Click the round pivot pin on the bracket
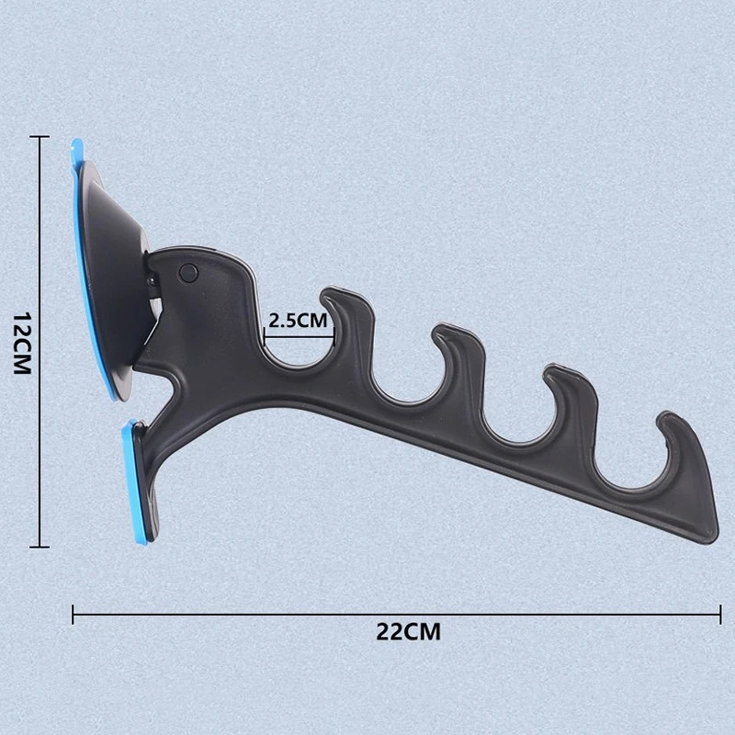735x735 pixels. coord(188,271)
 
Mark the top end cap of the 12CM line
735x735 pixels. coord(38,136)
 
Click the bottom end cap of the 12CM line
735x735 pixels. coord(38,548)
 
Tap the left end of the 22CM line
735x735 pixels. coord(73,614)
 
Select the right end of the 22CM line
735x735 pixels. coord(718,614)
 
